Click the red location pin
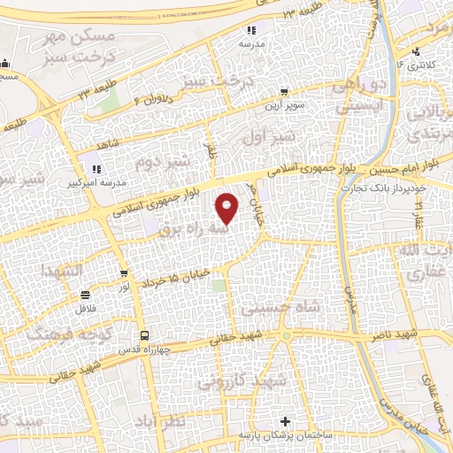(227, 207)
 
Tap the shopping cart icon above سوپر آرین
(283, 90)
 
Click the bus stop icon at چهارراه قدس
(143, 335)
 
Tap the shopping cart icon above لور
(124, 274)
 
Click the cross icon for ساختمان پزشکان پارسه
(284, 422)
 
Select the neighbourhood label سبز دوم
(163, 162)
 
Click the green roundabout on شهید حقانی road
(285, 338)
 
